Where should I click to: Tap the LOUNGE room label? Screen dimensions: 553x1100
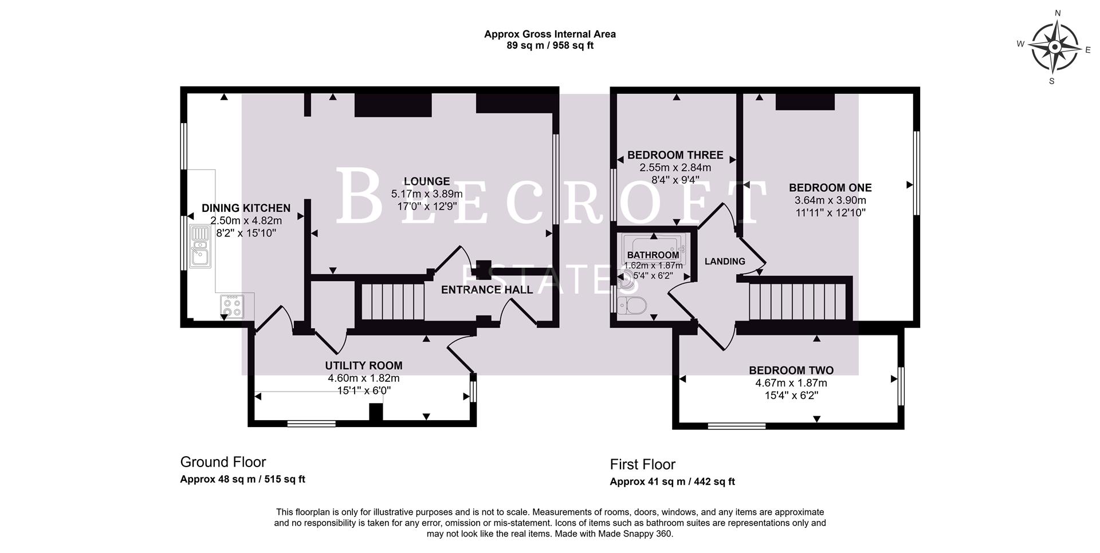pyautogui.click(x=426, y=181)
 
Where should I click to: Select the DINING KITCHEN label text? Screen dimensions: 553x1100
pyautogui.click(x=246, y=208)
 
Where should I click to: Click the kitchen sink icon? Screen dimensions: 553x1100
pyautogui.click(x=200, y=247)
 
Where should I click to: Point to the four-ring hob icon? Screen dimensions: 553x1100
pyautogui.click(x=232, y=306)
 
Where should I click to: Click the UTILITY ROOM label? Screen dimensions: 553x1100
pyautogui.click(x=364, y=366)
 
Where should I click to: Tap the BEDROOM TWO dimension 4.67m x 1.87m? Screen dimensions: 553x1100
pyautogui.click(x=791, y=383)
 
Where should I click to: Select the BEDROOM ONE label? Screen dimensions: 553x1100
pyautogui.click(x=830, y=188)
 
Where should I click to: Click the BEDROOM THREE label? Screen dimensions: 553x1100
pyautogui.click(x=675, y=155)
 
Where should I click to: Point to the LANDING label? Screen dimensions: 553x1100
pyautogui.click(x=725, y=262)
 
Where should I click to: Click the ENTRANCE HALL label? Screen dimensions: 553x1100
pyautogui.click(x=487, y=290)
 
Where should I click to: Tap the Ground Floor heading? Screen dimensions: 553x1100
pyautogui.click(x=223, y=462)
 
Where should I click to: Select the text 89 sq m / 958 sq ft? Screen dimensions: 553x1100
pyautogui.click(x=549, y=46)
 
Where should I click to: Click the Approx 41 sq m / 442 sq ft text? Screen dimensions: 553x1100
pyautogui.click(x=672, y=482)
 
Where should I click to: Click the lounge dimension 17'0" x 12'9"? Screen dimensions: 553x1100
pyautogui.click(x=426, y=206)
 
